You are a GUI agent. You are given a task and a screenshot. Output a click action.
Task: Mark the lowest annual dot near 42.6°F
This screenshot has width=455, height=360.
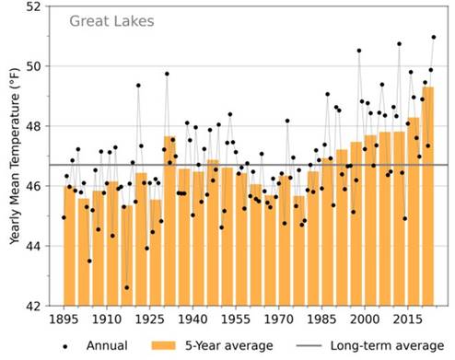[x=126, y=288]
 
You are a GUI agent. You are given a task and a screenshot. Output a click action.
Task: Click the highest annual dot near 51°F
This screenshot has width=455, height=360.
[x=434, y=38]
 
